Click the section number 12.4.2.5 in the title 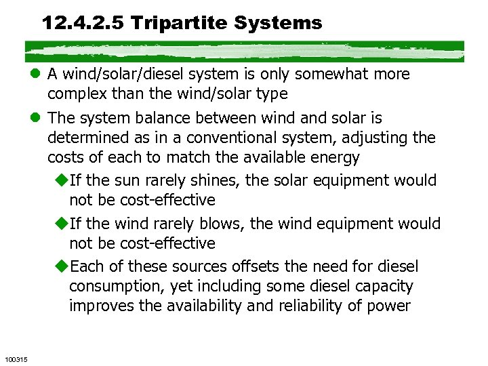point(83,23)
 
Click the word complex point(76,94)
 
